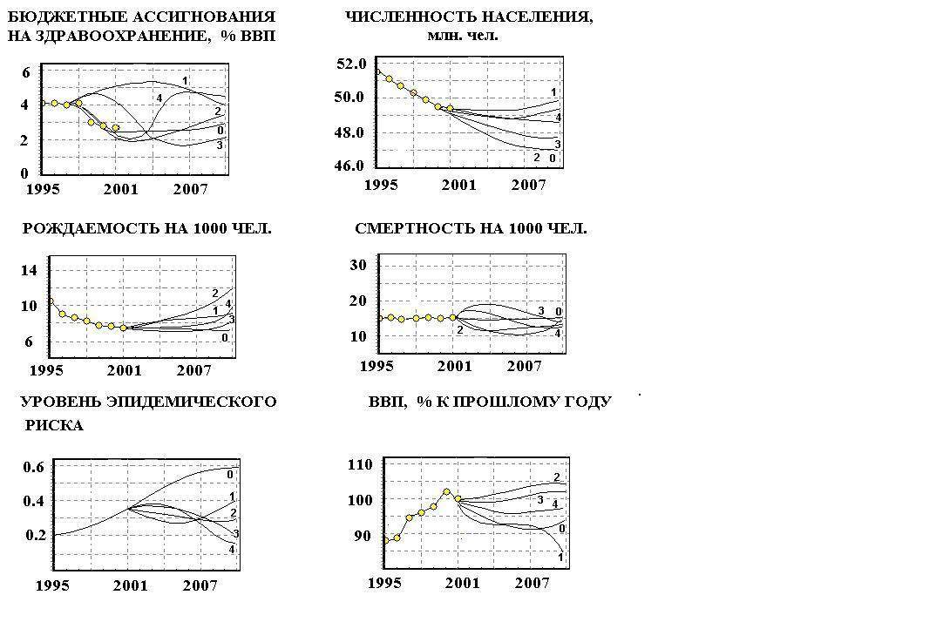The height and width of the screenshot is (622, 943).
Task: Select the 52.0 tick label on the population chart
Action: [350, 64]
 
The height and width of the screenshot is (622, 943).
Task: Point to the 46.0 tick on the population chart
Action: [350, 166]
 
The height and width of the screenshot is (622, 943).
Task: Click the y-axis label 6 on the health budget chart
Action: [24, 73]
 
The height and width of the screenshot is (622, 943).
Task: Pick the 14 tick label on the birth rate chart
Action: [29, 270]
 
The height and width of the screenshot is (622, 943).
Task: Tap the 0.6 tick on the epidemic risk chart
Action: [34, 467]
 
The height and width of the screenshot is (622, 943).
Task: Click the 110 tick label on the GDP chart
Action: [359, 465]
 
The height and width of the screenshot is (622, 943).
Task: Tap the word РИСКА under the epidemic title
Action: [54, 426]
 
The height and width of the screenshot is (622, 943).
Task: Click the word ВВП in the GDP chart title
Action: [386, 402]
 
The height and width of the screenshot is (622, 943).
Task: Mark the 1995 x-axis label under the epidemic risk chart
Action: [52, 585]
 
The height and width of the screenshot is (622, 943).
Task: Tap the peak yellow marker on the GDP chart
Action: [447, 491]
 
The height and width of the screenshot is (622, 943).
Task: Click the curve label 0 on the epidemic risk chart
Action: [230, 474]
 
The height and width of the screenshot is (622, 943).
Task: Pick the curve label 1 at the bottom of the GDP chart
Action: [560, 557]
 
